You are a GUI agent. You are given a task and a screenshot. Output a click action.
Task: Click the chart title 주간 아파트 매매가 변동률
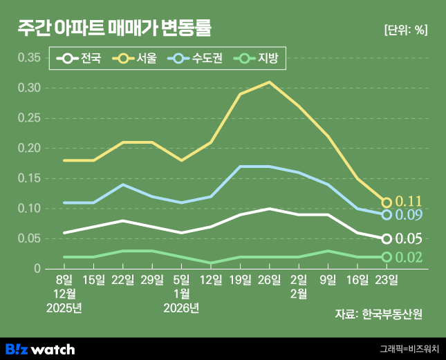pos(114,28)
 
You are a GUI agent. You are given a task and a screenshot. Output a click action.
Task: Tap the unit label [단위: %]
pos(405,30)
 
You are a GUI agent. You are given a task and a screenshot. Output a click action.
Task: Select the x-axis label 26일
pos(269,280)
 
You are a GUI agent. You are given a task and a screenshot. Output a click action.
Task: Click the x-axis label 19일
pos(240,280)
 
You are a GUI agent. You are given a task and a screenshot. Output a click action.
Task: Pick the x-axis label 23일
pos(387,280)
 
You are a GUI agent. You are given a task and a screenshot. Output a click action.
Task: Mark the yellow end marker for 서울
pos(387,202)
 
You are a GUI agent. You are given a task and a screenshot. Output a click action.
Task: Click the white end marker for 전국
pos(387,239)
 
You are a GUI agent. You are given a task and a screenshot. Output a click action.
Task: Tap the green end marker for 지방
pos(387,257)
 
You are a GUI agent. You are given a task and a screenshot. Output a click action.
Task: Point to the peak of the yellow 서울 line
pos(269,82)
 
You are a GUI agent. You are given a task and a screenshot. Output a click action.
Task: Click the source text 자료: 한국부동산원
pos(378,314)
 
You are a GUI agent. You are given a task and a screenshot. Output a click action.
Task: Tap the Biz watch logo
pos(40,349)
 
